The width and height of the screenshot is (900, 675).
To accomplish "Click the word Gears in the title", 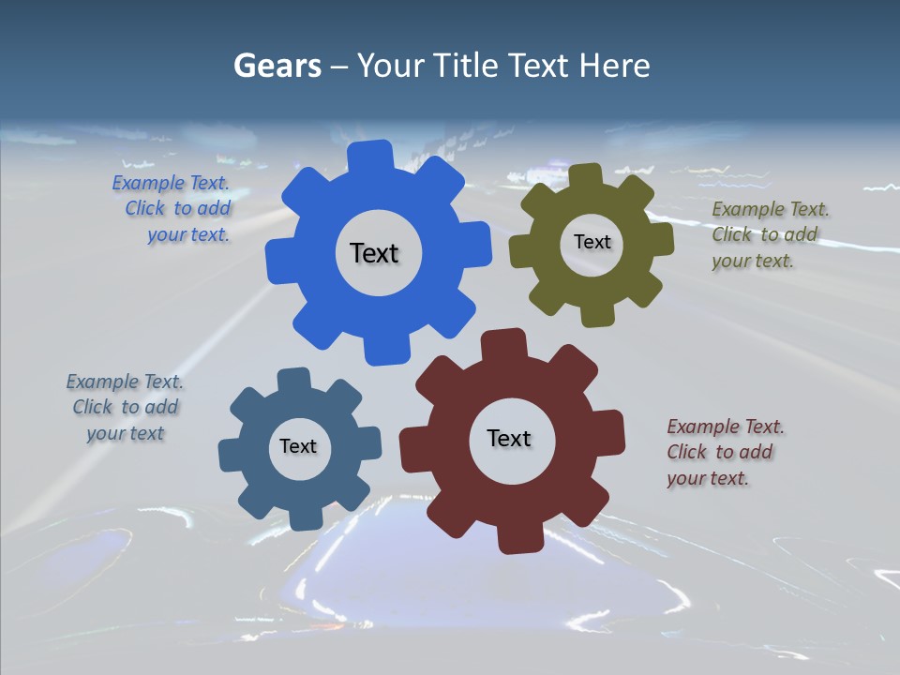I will tap(277, 66).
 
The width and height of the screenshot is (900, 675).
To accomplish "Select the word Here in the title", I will tap(614, 66).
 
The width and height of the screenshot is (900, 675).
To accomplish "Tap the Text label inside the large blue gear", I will tap(374, 253).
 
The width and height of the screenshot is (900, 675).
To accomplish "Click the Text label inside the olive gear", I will tap(592, 242).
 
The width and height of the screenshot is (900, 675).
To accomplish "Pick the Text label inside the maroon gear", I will tap(509, 438).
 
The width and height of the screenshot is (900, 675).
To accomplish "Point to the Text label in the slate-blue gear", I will tap(298, 446).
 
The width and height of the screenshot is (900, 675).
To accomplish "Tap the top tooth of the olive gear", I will tap(586, 176).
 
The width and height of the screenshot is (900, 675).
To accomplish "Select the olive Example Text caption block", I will tap(769, 235).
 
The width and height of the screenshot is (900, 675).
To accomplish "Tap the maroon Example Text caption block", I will tap(724, 453).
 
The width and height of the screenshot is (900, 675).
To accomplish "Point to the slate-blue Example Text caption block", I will tap(125, 408).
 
